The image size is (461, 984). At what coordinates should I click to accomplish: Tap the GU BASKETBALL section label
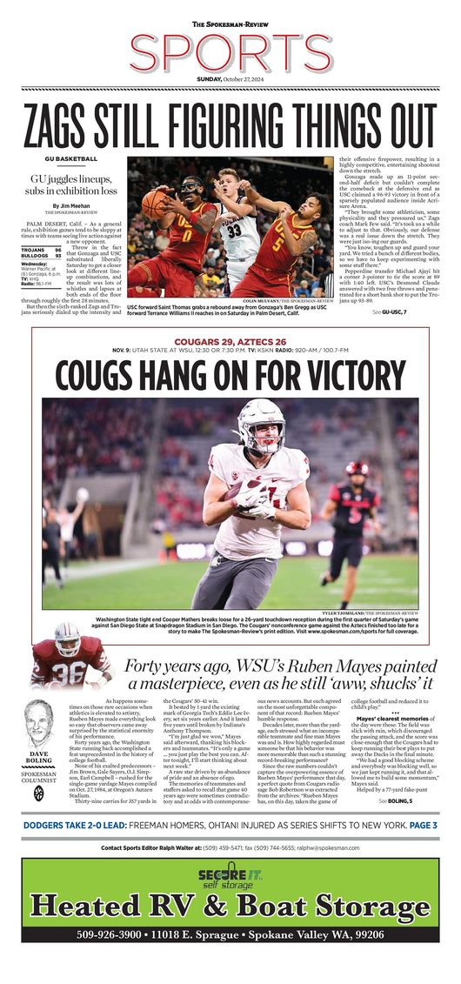coord(71,159)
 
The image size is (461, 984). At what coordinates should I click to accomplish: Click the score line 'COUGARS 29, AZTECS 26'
coord(230,340)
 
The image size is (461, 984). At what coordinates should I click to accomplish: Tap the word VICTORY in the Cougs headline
coord(347,375)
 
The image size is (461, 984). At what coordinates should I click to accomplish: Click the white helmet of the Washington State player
coord(261,424)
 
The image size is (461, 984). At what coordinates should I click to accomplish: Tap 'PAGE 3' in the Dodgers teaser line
coord(418,825)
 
